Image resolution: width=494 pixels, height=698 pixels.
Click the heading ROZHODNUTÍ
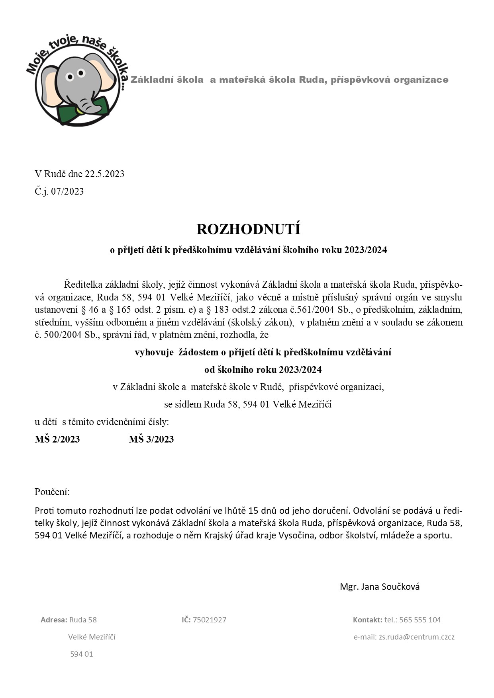[x=248, y=229]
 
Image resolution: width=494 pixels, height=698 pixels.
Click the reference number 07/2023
[x=67, y=191]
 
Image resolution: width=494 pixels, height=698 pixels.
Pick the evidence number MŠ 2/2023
[x=57, y=439]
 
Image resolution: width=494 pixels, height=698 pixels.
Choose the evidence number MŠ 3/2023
[x=151, y=439]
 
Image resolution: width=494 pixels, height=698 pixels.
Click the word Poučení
[x=52, y=492]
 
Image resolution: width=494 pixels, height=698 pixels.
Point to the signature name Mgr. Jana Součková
[x=380, y=587]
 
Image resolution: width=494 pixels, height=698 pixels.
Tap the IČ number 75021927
[x=210, y=620]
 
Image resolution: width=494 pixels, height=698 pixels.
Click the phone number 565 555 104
[x=420, y=620]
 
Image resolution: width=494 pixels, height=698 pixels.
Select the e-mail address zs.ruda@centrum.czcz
[x=416, y=637]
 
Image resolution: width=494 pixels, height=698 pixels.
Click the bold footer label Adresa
[x=54, y=620]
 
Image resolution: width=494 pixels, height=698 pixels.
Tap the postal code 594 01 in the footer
[x=82, y=654]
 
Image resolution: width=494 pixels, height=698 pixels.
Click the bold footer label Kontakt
[x=367, y=620]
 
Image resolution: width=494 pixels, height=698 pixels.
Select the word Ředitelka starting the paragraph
[x=83, y=285]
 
